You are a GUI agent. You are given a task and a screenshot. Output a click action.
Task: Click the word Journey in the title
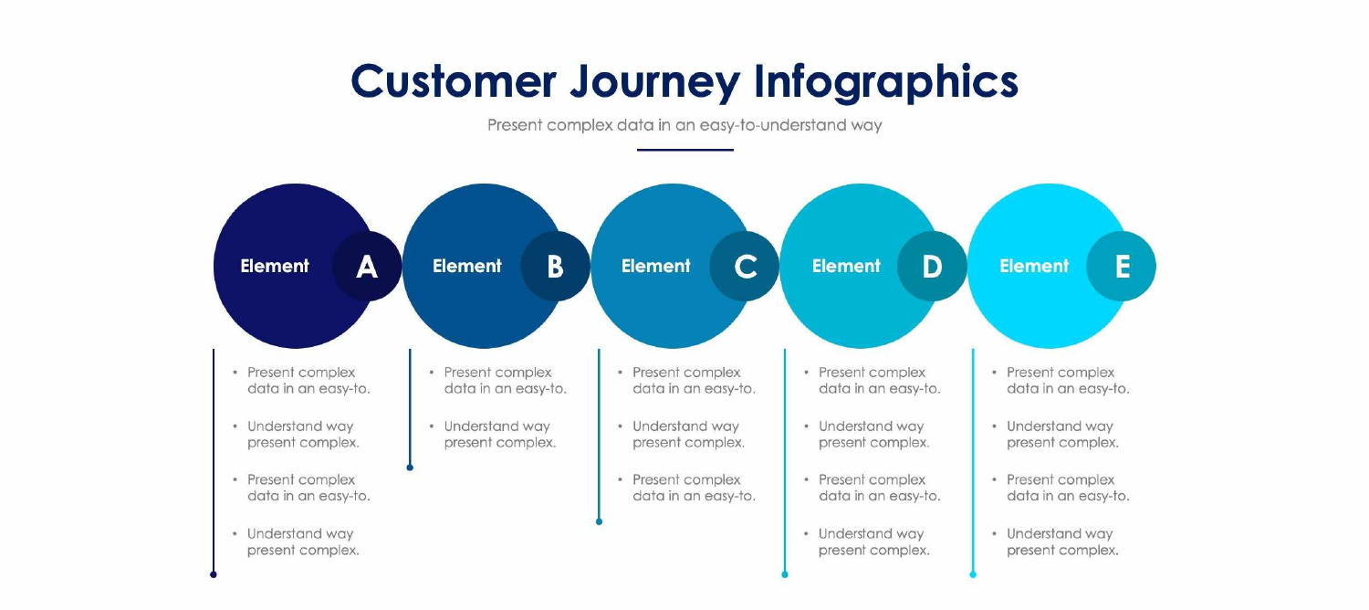(x=655, y=82)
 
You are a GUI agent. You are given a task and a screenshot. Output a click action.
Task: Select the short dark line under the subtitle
(x=684, y=150)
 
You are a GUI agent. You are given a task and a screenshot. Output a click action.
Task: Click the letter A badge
(x=367, y=266)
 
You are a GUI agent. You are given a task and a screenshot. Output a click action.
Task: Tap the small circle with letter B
(x=555, y=266)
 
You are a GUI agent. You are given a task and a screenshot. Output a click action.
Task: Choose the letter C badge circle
(x=745, y=266)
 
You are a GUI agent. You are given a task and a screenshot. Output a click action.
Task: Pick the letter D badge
(x=932, y=266)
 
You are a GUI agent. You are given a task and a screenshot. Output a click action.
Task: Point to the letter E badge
(x=1122, y=266)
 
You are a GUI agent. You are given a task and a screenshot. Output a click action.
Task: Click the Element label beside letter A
(x=275, y=267)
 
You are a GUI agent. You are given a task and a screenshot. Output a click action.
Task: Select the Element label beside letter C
(x=655, y=267)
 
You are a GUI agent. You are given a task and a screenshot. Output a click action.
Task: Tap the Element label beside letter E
(x=1034, y=267)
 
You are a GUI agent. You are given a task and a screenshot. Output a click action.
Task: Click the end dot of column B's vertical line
(x=410, y=468)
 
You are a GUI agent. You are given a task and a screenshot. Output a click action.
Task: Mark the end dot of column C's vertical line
(x=599, y=521)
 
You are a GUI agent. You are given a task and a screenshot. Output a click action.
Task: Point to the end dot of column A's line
(x=214, y=574)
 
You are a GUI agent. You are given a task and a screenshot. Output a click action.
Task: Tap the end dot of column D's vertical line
(x=785, y=574)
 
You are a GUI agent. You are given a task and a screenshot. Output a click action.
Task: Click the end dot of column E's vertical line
(x=973, y=574)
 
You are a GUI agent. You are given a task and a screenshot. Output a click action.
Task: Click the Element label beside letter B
(x=466, y=267)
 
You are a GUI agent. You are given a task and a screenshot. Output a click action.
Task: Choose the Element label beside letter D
(x=846, y=267)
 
